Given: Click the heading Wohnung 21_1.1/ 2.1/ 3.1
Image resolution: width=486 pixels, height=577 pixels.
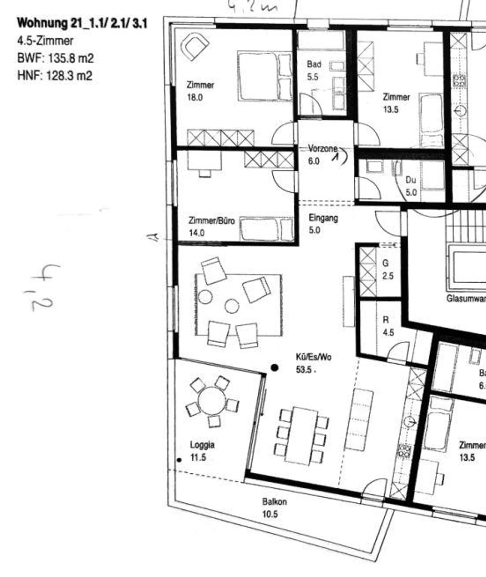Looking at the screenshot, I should tap(82, 23).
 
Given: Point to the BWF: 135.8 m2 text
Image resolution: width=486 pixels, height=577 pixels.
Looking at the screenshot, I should tap(55, 58).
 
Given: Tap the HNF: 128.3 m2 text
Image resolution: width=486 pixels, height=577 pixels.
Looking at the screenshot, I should tap(55, 75).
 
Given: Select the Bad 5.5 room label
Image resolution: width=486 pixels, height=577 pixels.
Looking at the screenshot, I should tap(314, 70).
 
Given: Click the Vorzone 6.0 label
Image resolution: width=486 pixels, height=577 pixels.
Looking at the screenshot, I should tap(322, 154).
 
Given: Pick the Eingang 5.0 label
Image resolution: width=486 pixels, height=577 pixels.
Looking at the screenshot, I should tap(323, 224).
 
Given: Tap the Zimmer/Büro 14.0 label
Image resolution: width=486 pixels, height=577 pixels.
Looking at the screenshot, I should tap(211, 227).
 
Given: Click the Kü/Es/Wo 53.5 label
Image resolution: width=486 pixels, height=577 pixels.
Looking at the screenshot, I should tap(313, 363).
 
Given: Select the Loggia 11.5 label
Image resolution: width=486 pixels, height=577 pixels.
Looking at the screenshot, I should tap(202, 451).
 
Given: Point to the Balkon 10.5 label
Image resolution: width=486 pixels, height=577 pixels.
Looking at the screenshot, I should tap(274, 508).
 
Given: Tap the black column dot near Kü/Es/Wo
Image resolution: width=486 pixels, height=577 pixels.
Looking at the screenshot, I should tap(275, 368).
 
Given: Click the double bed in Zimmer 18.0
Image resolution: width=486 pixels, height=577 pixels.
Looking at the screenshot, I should tap(265, 76).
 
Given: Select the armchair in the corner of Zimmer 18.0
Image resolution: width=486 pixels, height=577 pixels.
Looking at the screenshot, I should tap(195, 47).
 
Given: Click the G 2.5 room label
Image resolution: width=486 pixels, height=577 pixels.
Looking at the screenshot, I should tap(387, 269).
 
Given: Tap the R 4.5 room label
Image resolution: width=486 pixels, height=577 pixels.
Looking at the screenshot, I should tap(387, 326).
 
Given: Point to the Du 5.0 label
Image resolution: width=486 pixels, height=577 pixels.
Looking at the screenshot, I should tap(411, 186).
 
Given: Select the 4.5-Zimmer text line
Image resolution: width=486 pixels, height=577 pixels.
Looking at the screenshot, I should tap(45, 41).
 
